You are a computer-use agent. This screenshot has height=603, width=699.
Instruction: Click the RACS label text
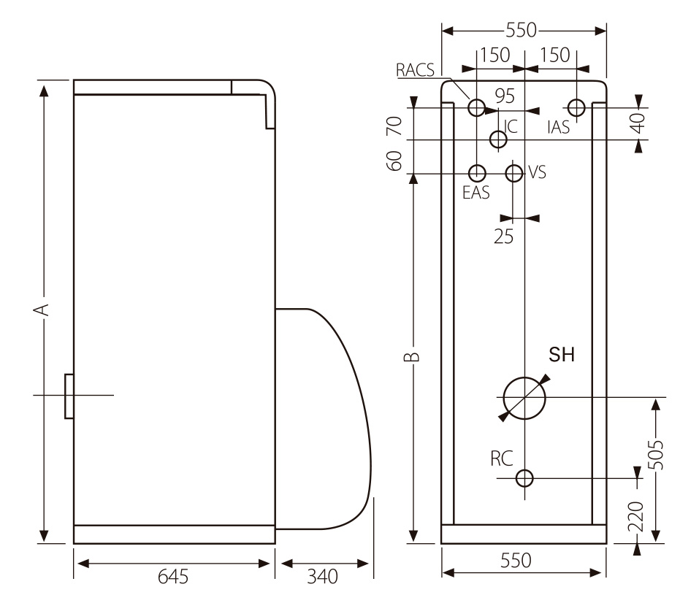[x=415, y=70]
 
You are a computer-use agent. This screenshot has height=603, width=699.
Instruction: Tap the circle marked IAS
[x=576, y=107]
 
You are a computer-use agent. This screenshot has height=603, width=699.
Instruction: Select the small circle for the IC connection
[x=498, y=139]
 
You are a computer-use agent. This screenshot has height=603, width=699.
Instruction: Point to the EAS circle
[x=476, y=173]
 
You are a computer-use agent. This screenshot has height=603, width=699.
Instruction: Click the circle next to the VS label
[x=514, y=173]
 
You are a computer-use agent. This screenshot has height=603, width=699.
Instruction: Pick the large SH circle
[x=524, y=398]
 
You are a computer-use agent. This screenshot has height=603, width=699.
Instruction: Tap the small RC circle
[x=524, y=478]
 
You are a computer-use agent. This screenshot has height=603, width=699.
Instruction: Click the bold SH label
[x=562, y=356]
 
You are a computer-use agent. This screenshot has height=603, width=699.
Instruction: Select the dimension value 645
[x=174, y=577]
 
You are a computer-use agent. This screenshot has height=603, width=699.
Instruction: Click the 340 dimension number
[x=322, y=577]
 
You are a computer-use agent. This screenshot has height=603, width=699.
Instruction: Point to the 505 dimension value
[x=657, y=456]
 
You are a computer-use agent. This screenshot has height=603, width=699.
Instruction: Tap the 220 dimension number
[x=635, y=516]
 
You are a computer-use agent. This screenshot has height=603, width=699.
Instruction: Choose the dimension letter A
[x=44, y=309]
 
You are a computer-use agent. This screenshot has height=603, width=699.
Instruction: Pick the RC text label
[x=502, y=458]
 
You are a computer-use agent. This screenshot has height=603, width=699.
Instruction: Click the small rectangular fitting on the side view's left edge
[x=69, y=396]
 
